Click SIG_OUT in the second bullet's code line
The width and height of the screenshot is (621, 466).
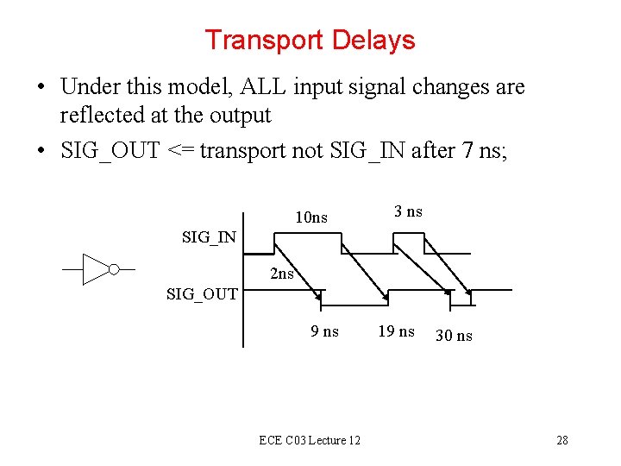[x=110, y=150]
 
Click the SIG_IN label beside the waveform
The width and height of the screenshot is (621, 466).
[x=210, y=237]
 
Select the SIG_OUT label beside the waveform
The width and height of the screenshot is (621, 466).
[x=202, y=294]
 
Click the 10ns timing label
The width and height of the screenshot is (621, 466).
[x=311, y=217]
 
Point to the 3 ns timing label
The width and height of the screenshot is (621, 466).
[x=408, y=212]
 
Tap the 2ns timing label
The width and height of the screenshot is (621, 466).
[x=282, y=274]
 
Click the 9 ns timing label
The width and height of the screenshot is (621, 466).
[x=325, y=331]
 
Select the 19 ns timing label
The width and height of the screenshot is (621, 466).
[x=396, y=331]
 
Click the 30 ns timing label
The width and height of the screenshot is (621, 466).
[x=454, y=336]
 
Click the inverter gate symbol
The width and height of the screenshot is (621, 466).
[x=99, y=269]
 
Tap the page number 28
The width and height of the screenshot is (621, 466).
[x=561, y=441]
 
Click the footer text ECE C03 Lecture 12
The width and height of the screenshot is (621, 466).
[x=310, y=441]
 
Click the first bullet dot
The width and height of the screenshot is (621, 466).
[x=41, y=88]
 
